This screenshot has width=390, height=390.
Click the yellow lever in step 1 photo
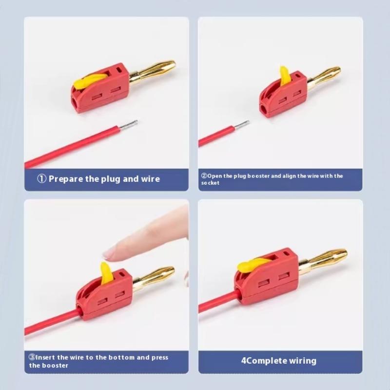[88, 81]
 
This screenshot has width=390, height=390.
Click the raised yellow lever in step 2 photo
[284, 76]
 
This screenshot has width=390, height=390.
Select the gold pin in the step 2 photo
[324, 78]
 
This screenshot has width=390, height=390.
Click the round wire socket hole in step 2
[264, 108]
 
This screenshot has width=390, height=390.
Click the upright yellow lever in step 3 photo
[106, 273]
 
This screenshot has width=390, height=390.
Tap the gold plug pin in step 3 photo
[154, 277]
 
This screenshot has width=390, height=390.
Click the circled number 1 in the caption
[42, 178]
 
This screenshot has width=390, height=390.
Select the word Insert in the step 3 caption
[45, 357]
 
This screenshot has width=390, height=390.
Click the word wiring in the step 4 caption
[302, 361]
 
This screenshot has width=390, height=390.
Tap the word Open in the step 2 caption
[214, 176]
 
